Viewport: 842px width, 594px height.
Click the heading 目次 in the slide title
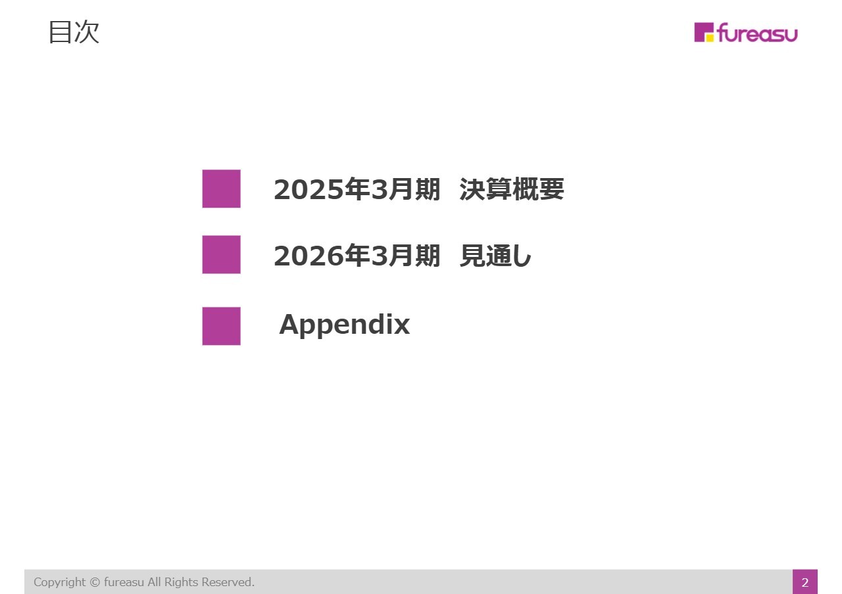click(x=74, y=32)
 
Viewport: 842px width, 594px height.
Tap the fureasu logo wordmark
click(x=757, y=33)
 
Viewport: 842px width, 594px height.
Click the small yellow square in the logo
click(x=710, y=37)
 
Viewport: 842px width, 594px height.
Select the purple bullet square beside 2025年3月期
click(x=221, y=189)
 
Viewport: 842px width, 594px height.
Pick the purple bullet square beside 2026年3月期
click(x=221, y=254)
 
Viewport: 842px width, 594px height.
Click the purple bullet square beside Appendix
click(x=221, y=326)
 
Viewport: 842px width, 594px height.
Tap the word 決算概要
click(x=512, y=190)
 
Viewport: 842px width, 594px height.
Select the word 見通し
click(x=495, y=256)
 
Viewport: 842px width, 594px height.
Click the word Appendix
click(x=344, y=325)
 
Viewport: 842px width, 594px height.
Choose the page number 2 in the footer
click(x=805, y=582)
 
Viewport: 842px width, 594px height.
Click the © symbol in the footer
click(x=95, y=582)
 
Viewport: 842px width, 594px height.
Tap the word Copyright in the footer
click(x=60, y=582)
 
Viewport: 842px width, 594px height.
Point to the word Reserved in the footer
click(x=228, y=582)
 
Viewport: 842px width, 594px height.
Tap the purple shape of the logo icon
click(x=701, y=30)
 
